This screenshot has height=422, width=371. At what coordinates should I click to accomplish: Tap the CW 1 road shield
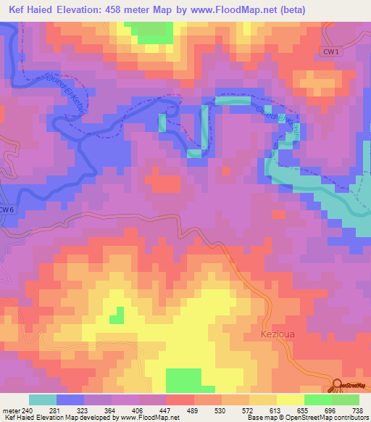point(331,50)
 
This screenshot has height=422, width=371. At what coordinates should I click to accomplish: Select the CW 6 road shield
point(7,210)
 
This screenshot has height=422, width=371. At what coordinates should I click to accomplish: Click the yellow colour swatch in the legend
point(290,400)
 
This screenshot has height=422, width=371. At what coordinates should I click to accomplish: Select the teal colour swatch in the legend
point(43,400)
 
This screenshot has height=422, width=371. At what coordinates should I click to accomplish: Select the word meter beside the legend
point(9,410)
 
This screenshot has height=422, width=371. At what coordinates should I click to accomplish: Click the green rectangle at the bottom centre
point(184,380)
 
